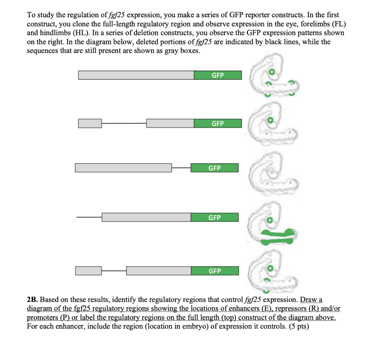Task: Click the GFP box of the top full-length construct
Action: pyautogui.click(x=218, y=75)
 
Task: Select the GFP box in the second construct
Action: pyautogui.click(x=218, y=123)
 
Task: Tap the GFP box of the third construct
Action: pyautogui.click(x=214, y=168)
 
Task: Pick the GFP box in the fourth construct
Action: pyautogui.click(x=214, y=217)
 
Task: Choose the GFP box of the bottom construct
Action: pyautogui.click(x=214, y=271)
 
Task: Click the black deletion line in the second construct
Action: pyautogui.click(x=124, y=123)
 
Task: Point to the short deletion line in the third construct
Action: pyautogui.click(x=181, y=168)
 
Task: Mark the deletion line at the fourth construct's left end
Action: pyautogui.click(x=89, y=217)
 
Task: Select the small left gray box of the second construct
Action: pyautogui.click(x=90, y=123)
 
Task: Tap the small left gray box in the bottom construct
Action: pyautogui.click(x=88, y=271)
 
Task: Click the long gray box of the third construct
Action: pyautogui.click(x=123, y=168)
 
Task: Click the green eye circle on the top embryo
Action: pyautogui.click(x=272, y=71)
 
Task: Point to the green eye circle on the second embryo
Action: pyautogui.click(x=271, y=120)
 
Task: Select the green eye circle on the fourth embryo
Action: pyautogui.click(x=270, y=220)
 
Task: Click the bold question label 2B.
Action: pyautogui.click(x=33, y=300)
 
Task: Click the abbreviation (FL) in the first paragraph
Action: pyautogui.click(x=329, y=24)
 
